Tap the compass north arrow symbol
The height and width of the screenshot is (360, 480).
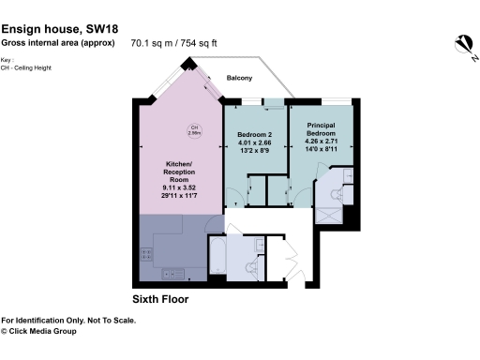click(x=462, y=44)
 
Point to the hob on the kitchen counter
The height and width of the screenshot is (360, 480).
click(x=145, y=252)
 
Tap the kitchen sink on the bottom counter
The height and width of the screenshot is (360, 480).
click(x=172, y=274)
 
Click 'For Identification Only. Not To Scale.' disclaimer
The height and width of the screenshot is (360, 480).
click(x=68, y=320)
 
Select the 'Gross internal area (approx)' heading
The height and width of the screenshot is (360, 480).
click(x=59, y=41)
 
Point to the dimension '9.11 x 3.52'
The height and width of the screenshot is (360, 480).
click(x=176, y=188)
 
